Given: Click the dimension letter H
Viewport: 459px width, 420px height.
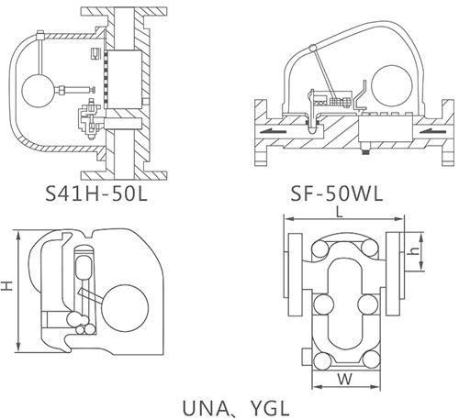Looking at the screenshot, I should point(8,286).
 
